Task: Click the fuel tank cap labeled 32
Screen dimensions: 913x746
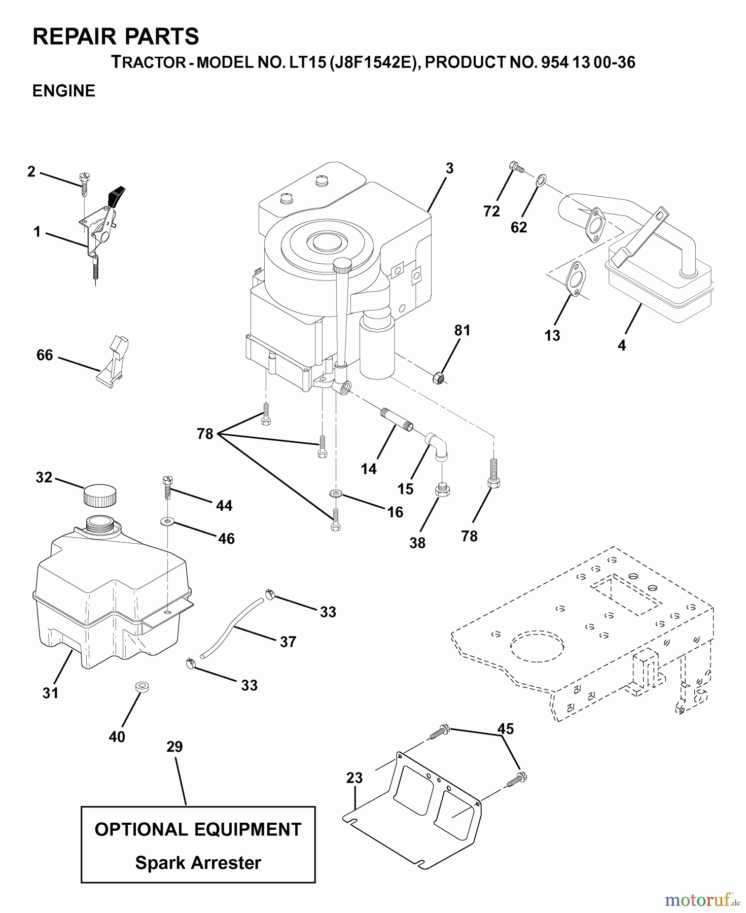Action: point(99,495)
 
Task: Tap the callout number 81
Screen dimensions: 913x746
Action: point(462,331)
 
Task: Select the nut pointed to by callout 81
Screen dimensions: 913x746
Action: point(439,378)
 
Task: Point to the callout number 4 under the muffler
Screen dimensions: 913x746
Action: point(622,345)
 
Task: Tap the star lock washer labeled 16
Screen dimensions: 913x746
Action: point(335,493)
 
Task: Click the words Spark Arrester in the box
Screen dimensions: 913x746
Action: point(198,863)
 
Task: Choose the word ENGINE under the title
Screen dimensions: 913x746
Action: point(64,91)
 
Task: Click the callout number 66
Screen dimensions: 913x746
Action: point(45,355)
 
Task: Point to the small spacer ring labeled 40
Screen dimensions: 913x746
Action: point(142,687)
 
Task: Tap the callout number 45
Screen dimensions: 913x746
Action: point(506,729)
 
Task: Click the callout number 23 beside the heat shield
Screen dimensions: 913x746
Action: point(354,778)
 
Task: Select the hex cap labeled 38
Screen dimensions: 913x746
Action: point(442,491)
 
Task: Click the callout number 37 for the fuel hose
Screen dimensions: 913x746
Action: point(288,642)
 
